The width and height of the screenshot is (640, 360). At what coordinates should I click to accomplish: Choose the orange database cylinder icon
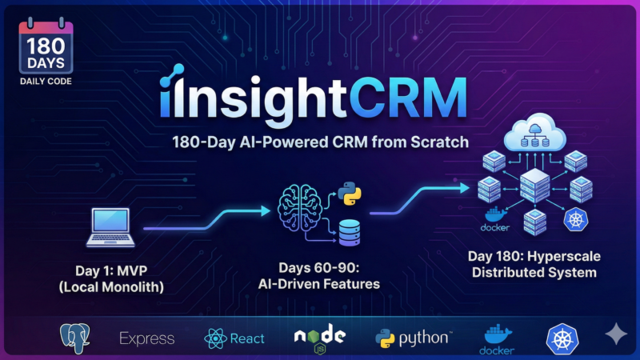(x=350, y=233)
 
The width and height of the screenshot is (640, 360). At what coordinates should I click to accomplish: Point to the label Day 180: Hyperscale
(x=534, y=257)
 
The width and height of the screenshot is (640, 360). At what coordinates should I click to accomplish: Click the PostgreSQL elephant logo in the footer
(x=76, y=338)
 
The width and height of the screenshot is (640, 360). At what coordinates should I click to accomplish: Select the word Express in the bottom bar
(x=146, y=338)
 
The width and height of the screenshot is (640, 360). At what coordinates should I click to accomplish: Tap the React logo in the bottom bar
(x=234, y=338)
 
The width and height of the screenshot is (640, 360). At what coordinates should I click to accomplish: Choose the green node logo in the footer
(x=318, y=338)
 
